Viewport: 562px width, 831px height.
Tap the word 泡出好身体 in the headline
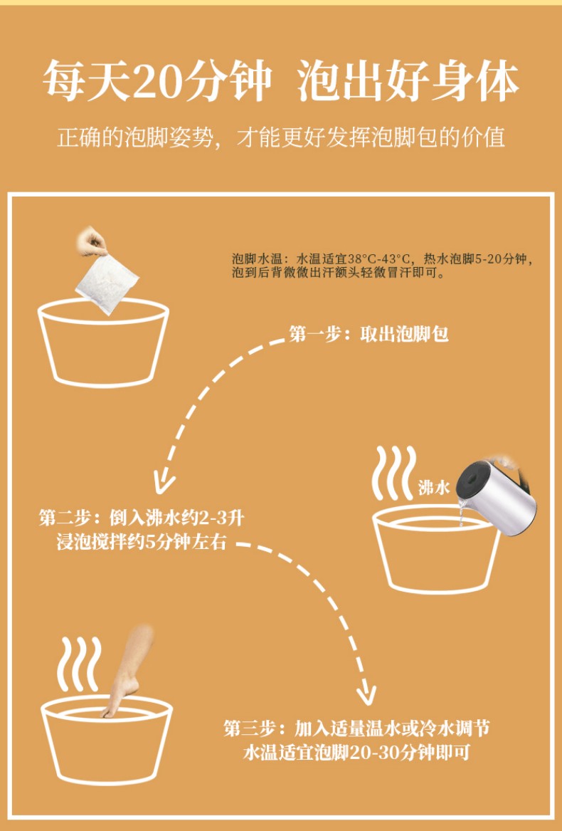coord(408,82)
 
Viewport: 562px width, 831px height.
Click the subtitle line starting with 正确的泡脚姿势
coord(281,137)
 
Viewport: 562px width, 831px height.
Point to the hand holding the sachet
coord(92,242)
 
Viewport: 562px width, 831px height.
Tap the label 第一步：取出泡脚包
coord(369,334)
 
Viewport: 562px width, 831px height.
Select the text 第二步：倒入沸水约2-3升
coord(142,517)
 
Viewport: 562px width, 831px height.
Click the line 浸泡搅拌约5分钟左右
coord(142,542)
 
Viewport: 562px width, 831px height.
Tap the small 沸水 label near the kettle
coord(433,487)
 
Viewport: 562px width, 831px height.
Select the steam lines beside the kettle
coord(393,473)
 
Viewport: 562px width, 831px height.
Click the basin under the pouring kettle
coord(437,548)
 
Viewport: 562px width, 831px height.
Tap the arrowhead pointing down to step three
coord(366,694)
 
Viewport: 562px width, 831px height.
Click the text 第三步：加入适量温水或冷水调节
coord(356,728)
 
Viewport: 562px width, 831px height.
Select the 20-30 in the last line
coord(378,753)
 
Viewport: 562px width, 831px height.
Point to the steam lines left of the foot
coord(79,664)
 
